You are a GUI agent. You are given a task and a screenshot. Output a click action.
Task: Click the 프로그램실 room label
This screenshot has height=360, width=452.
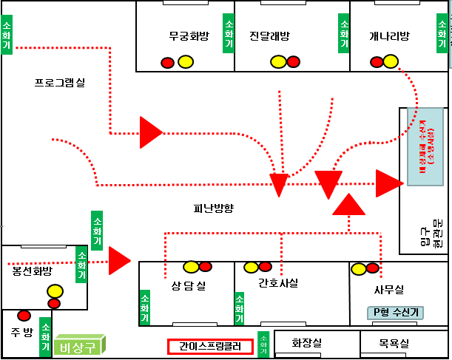tap(60, 82)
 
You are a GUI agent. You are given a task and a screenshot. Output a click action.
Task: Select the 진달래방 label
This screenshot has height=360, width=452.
tap(269, 35)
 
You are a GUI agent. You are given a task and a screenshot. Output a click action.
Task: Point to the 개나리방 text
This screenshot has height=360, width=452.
tap(388, 35)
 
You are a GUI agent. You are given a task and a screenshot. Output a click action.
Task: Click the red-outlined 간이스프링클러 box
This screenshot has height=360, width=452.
tap(210, 346)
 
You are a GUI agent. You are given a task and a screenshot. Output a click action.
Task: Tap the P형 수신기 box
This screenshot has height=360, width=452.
tap(396, 313)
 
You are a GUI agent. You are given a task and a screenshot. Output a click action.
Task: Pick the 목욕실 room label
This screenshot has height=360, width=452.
tap(394, 344)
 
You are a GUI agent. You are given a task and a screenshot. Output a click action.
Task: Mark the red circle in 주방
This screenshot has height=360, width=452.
tap(24, 316)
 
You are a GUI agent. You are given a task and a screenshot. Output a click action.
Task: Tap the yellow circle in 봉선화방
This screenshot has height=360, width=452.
tap(55, 291)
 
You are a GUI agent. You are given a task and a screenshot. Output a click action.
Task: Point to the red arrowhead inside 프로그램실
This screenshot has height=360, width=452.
tap(150, 132)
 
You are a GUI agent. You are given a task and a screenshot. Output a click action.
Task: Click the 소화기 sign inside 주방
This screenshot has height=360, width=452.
tap(45, 336)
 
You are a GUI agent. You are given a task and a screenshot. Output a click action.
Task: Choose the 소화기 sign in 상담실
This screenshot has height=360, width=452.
tap(145, 308)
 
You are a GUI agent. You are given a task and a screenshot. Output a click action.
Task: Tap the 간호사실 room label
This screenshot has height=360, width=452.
tap(278, 282)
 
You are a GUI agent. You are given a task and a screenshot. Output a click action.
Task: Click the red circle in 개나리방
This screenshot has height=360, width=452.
tap(377, 62)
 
